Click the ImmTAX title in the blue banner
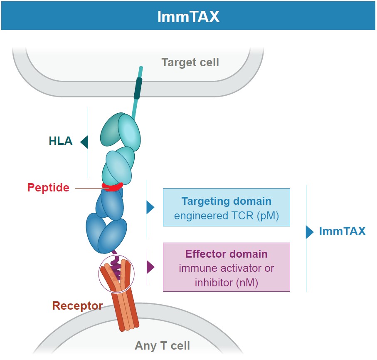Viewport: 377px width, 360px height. tap(188, 16)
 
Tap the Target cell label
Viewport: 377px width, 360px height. tap(190, 62)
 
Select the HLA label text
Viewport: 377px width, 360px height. tap(61, 142)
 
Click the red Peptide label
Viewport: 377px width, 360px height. tap(48, 188)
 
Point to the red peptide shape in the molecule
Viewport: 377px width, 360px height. tap(112, 188)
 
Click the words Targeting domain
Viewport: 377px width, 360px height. tap(226, 201)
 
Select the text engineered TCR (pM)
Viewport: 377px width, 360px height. tap(226, 216)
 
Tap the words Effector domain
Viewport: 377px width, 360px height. tap(226, 254)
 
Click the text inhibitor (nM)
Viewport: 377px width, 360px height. tap(226, 283)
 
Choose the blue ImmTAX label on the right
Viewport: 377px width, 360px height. tap(342, 231)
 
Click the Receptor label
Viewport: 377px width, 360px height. tap(77, 306)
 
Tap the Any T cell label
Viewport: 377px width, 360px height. tap(162, 345)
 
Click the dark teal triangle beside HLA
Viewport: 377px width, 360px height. tap(84, 142)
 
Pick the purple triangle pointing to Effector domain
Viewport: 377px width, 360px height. tap(150, 267)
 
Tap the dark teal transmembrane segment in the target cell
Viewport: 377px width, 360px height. tap(138, 89)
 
